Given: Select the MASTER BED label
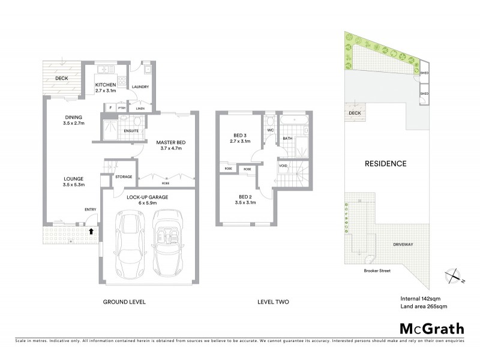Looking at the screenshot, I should pyautogui.click(x=171, y=142).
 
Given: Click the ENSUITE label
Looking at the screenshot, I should pyautogui.click(x=131, y=130).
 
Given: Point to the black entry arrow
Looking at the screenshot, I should pyautogui.click(x=91, y=230).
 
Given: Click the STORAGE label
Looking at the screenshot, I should pyautogui.click(x=124, y=177).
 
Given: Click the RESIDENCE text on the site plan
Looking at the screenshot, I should pyautogui.click(x=385, y=163).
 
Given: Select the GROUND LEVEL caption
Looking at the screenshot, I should pyautogui.click(x=124, y=302).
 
